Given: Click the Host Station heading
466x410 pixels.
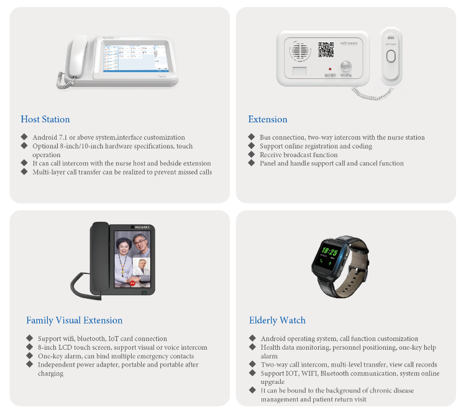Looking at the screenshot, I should coord(45,119).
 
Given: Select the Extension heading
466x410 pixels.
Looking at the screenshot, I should coord(268,119).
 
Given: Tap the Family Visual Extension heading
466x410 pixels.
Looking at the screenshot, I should coord(74,321).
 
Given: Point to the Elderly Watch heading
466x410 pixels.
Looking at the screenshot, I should coord(277,321).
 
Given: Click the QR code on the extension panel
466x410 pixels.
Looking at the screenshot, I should coord(326,50).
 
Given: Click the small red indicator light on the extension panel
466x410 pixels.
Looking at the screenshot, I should coord(329,68).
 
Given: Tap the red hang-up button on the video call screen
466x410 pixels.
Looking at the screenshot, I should coord(132,283).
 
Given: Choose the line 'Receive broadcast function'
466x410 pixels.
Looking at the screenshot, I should coord(298,155).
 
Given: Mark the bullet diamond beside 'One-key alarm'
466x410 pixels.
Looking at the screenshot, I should coord(29,356).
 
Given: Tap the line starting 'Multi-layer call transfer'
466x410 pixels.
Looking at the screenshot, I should coord(122,172).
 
